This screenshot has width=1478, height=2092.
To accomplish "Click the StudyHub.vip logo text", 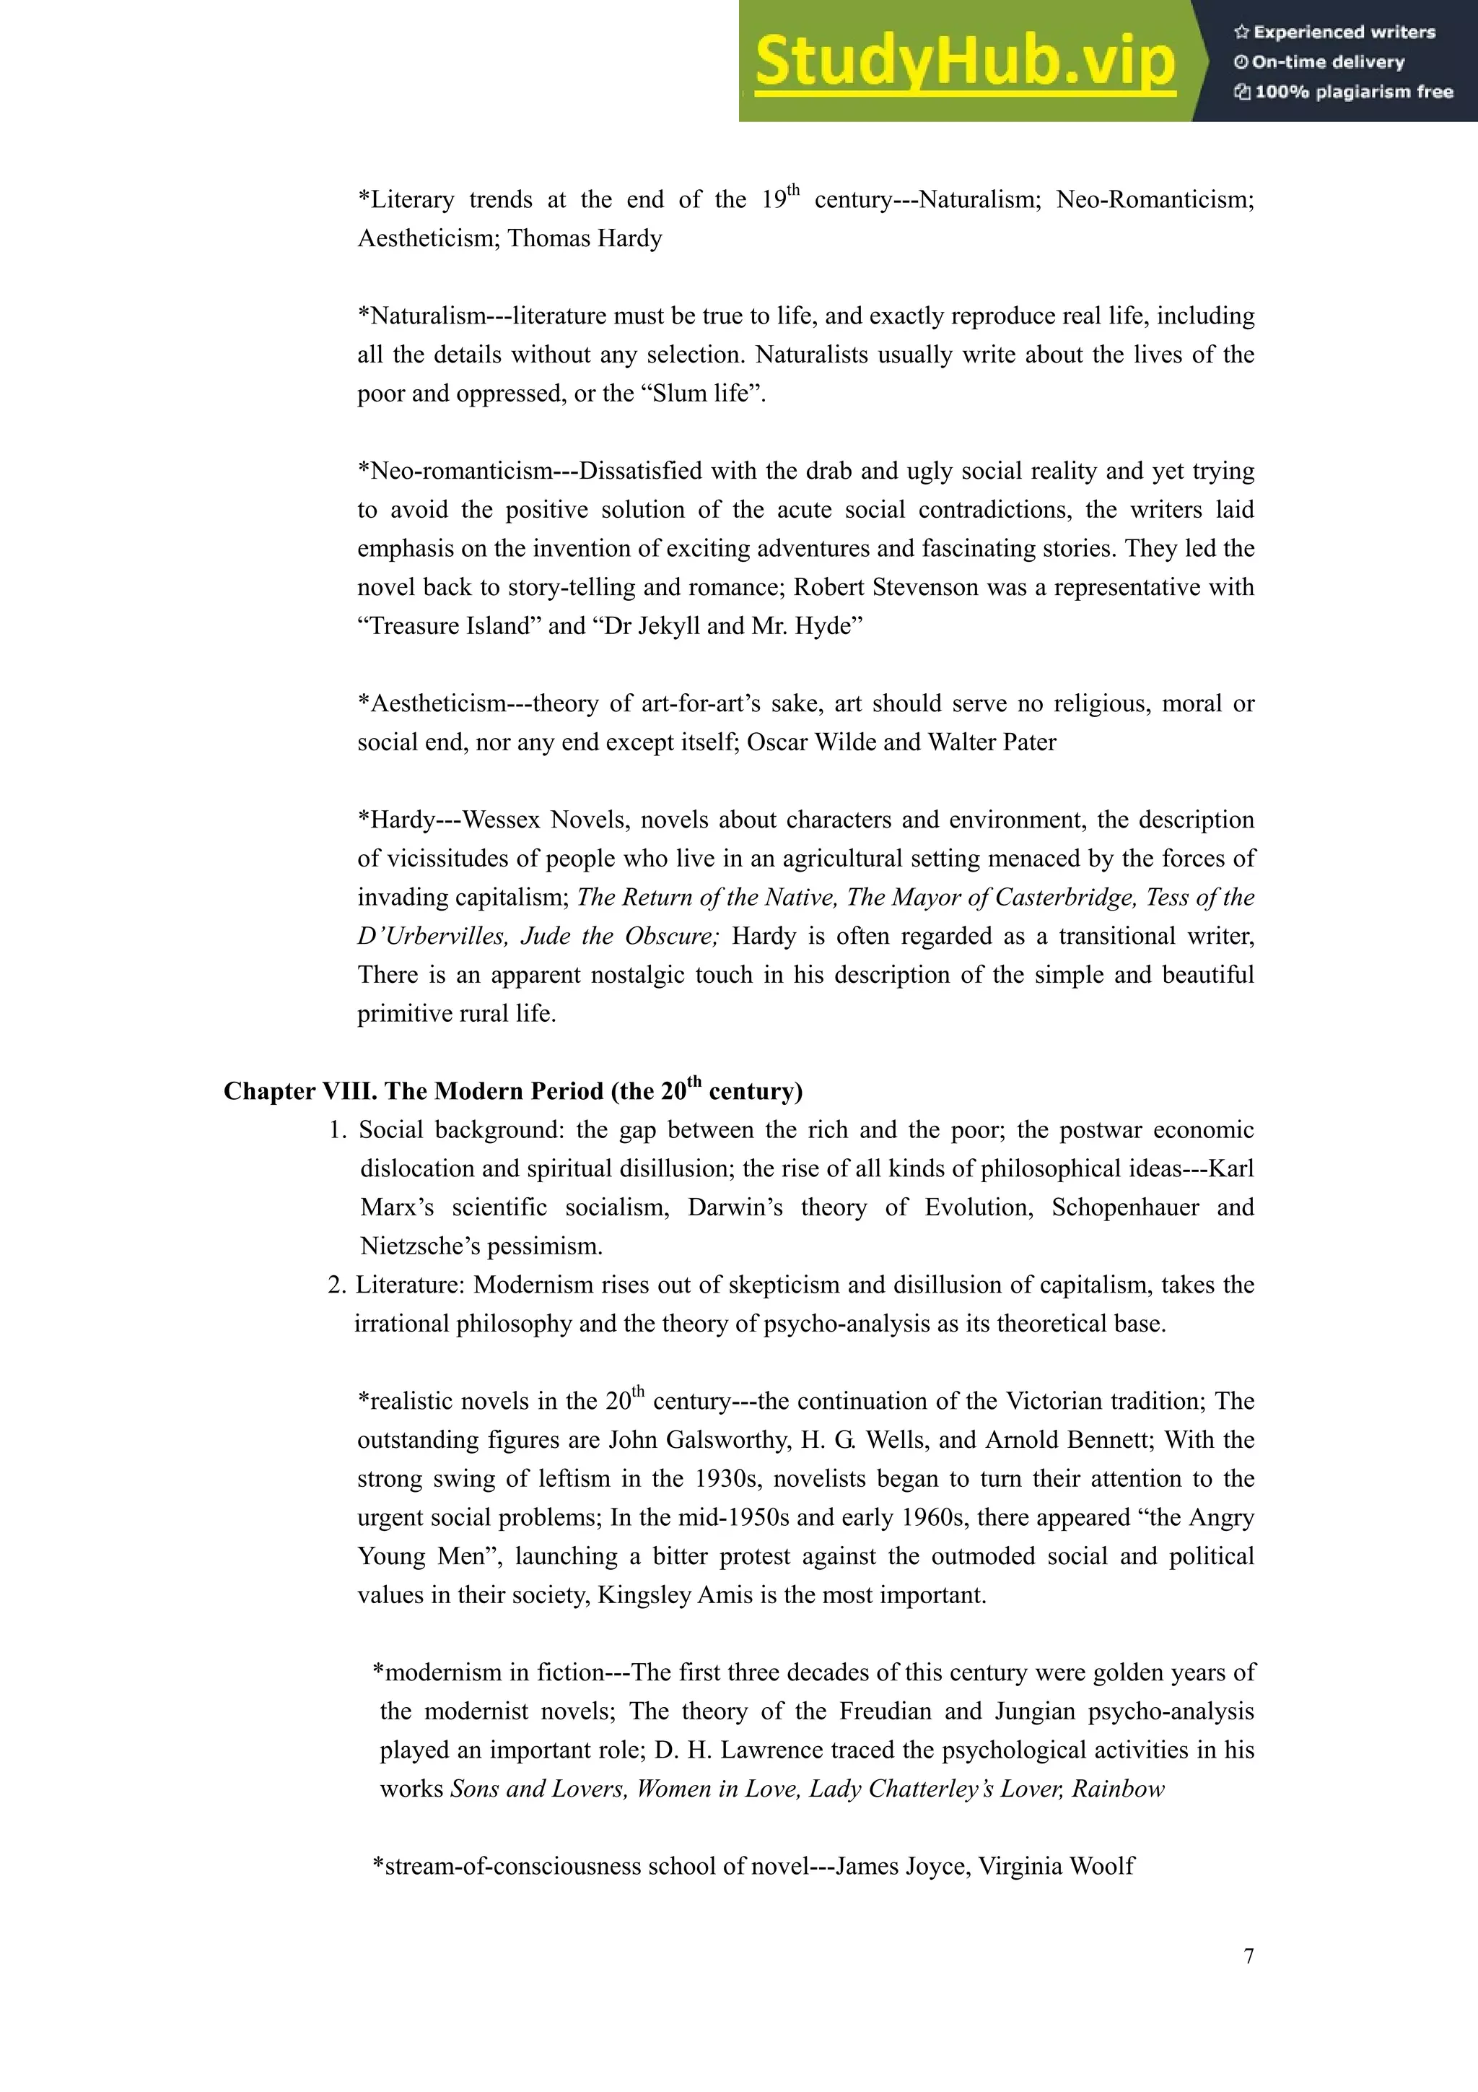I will (x=964, y=62).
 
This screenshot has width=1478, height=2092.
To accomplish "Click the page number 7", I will (x=1249, y=1956).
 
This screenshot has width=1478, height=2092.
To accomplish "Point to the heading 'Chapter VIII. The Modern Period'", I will (x=512, y=1090).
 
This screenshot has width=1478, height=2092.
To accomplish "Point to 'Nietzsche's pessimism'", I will (x=481, y=1246).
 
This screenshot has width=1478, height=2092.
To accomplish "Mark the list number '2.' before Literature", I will (x=337, y=1285).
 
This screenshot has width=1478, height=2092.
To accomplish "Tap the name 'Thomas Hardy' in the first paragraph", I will (x=585, y=239).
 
